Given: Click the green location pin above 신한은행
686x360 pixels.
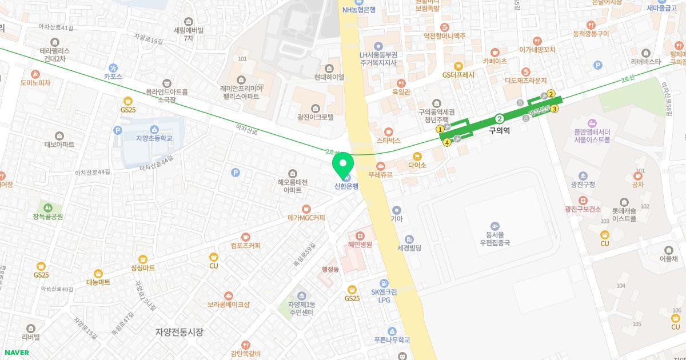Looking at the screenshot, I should click(343, 166).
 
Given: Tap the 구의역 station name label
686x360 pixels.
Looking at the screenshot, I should click(499, 130).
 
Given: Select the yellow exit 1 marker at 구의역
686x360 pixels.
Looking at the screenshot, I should click(440, 130).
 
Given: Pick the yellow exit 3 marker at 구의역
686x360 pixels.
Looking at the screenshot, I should click(554, 109).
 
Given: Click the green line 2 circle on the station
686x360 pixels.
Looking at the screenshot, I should click(500, 119).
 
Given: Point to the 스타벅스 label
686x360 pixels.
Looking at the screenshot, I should click(389, 140).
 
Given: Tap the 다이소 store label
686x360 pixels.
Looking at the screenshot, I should click(417, 165).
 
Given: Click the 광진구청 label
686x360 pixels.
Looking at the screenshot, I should click(583, 184).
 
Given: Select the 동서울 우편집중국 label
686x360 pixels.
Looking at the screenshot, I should click(494, 238).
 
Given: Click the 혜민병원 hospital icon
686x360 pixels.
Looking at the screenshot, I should click(360, 235).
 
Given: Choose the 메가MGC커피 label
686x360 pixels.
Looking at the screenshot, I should click(306, 217).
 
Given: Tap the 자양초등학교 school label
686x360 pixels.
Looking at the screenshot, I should click(154, 138).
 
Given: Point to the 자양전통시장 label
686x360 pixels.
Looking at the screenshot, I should click(179, 331).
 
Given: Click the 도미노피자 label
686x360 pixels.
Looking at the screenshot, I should click(35, 83).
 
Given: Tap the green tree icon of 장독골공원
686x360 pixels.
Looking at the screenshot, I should click(48, 207).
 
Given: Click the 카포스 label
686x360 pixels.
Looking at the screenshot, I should click(113, 75).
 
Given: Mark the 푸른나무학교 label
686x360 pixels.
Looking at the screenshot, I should click(392, 339).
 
